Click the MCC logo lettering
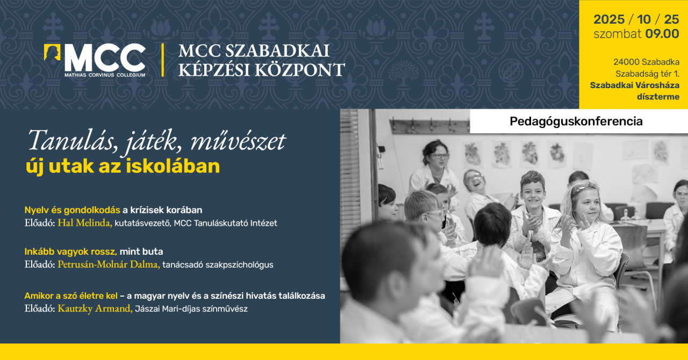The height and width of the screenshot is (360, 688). [105, 56]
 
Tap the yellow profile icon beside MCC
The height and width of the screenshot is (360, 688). [53, 54]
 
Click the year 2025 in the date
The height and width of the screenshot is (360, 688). [608, 20]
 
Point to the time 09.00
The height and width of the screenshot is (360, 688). [662, 34]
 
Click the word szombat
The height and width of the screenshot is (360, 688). [617, 34]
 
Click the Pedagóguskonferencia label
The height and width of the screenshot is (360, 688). [576, 121]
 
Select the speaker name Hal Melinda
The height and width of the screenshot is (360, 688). [84, 223]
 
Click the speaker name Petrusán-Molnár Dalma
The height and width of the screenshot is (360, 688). [109, 264]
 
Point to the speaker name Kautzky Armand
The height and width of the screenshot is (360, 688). [95, 308]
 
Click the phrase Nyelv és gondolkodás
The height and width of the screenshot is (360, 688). [72, 210]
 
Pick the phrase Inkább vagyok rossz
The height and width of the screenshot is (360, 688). [70, 251]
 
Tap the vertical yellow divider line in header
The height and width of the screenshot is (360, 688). [162, 60]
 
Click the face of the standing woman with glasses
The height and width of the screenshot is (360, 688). [437, 156]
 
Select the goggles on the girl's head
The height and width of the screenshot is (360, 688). [585, 186]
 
